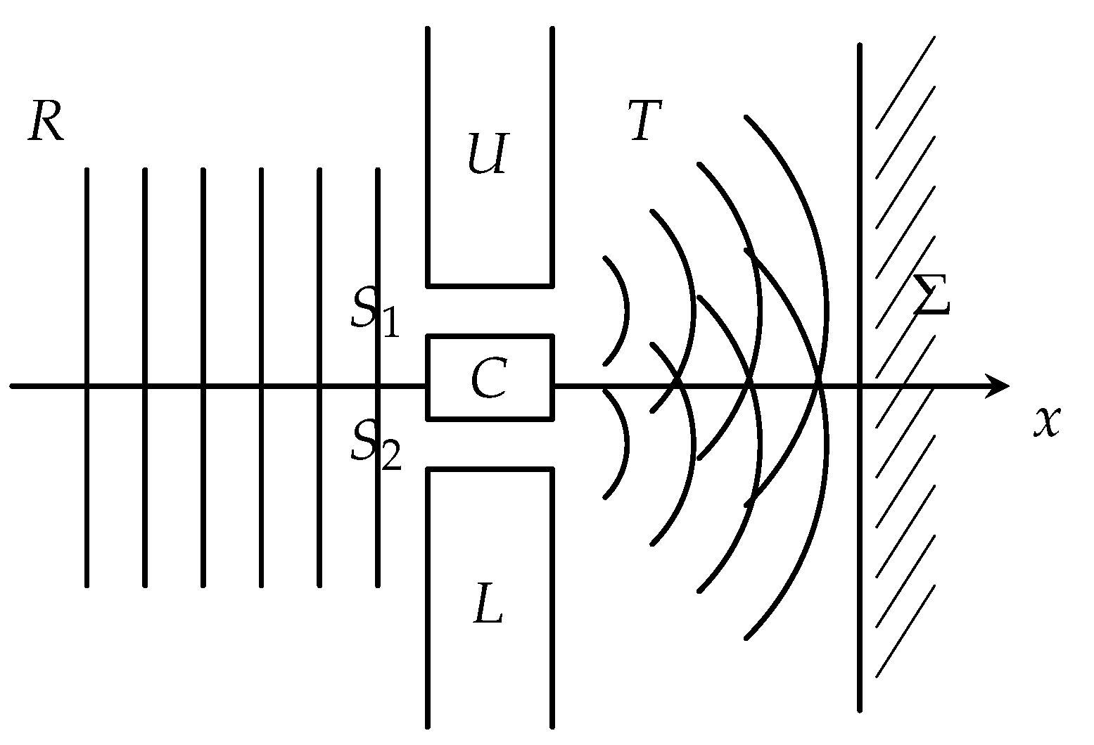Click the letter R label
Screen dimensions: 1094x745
pyautogui.click(x=46, y=122)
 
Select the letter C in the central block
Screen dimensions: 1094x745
pyautogui.click(x=489, y=377)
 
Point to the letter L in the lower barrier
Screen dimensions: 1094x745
pyautogui.click(x=488, y=604)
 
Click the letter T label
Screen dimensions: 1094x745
pyautogui.click(x=646, y=120)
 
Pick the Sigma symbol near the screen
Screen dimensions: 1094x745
pyautogui.click(x=932, y=294)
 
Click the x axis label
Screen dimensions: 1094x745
pyautogui.click(x=1047, y=421)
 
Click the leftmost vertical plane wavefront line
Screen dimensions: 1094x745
pyautogui.click(x=87, y=377)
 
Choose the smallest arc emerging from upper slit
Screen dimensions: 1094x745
pyautogui.click(x=626, y=310)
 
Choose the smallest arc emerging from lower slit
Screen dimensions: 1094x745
pyautogui.click(x=626, y=445)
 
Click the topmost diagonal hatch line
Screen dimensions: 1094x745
pyautogui.click(x=905, y=82)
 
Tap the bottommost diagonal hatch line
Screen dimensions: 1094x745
pyautogui.click(x=905, y=631)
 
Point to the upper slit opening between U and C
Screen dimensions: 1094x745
pyautogui.click(x=490, y=310)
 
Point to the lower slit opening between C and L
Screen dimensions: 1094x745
pyautogui.click(x=490, y=445)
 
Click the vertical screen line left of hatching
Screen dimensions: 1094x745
pyautogui.click(x=860, y=377)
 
